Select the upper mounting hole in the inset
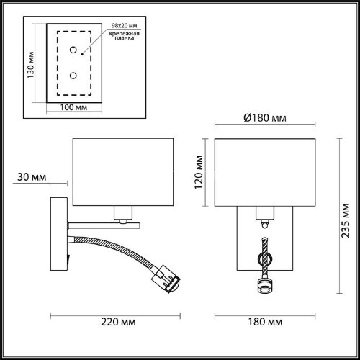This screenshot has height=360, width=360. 73,50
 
